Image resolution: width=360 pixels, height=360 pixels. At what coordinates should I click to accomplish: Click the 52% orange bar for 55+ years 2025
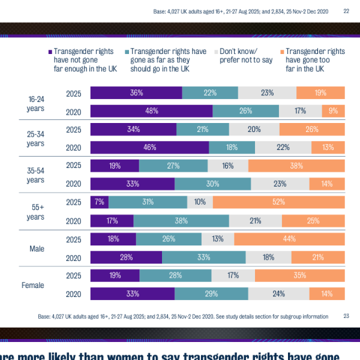[x=278, y=202]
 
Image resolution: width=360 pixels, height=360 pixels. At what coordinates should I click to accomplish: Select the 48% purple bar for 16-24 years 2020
[x=151, y=111]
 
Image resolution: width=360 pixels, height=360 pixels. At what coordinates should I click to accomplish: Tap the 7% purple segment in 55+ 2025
[x=99, y=202]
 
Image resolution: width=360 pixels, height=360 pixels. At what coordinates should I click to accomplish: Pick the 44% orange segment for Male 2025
[x=289, y=239]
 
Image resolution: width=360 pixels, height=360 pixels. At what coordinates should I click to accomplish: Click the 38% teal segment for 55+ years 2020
[x=181, y=221]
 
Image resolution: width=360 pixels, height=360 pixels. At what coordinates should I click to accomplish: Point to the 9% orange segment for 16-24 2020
[x=333, y=111]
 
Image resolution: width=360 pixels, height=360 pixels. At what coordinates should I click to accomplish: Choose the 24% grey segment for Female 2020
[x=278, y=294]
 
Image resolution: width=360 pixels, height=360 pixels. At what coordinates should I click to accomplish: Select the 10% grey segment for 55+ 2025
[x=200, y=202]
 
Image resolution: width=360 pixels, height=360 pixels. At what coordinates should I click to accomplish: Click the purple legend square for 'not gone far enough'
[x=49, y=52]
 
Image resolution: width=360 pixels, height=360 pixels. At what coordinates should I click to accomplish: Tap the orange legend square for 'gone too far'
[x=280, y=52]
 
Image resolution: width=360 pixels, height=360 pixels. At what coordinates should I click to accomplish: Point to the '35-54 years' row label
[x=35, y=175]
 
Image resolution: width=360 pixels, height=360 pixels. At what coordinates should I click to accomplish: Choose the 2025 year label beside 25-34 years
[x=73, y=129]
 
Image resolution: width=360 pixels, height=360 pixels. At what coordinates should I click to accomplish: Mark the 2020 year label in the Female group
[x=73, y=294]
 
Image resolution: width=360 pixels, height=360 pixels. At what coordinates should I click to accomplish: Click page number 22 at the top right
[x=346, y=11]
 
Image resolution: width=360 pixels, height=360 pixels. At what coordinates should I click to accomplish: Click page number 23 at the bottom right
[x=346, y=316]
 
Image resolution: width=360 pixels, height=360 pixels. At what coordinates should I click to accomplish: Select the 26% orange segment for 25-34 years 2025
[x=312, y=129]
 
